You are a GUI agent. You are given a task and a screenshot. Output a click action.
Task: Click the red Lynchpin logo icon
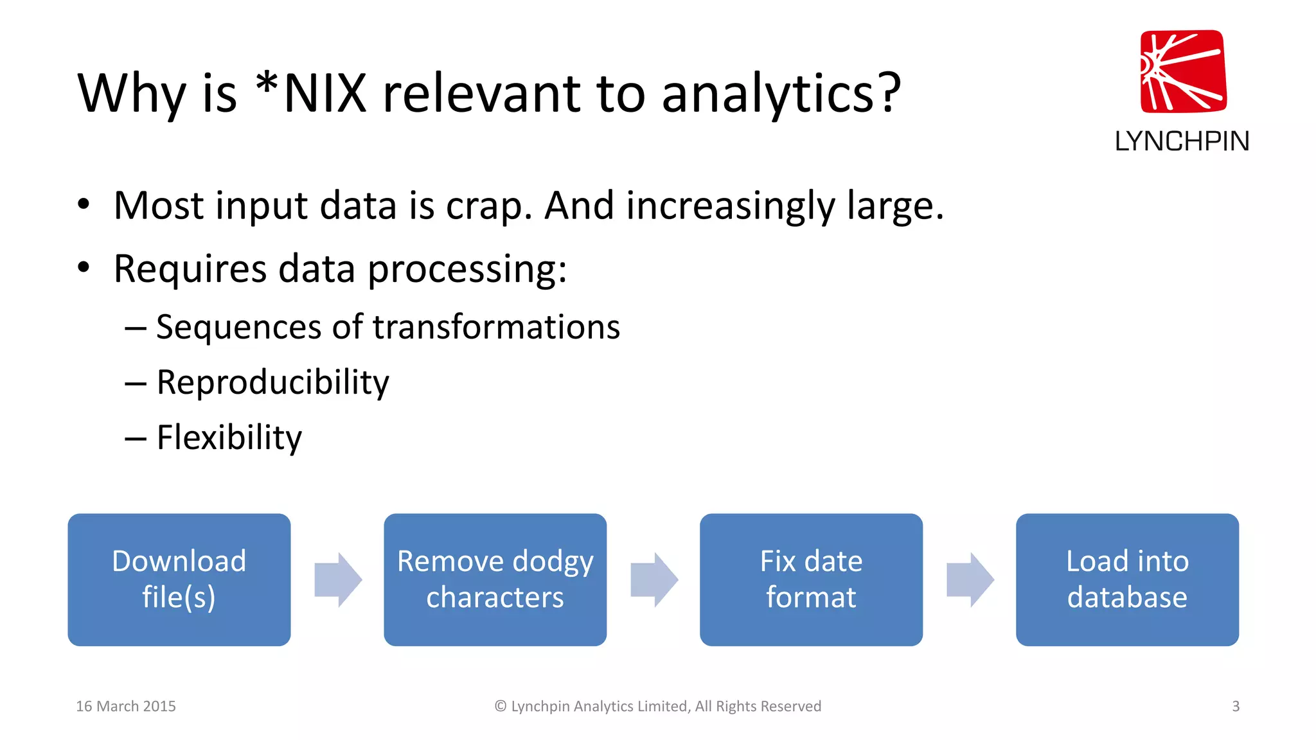pos(1183,71)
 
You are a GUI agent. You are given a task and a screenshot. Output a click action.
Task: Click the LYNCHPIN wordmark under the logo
pos(1182,141)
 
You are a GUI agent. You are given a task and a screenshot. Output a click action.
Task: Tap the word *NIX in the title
pos(311,94)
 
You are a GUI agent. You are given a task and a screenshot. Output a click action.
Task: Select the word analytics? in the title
pos(781,94)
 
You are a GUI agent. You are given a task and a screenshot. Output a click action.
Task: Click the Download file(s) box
pos(179,579)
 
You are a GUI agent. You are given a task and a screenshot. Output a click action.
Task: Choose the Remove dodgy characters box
pos(495,579)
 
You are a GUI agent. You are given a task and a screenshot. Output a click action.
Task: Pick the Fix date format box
pos(811,579)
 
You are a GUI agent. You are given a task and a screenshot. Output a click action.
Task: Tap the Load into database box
pos(1127,579)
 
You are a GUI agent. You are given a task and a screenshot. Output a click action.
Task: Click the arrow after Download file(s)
pos(338,579)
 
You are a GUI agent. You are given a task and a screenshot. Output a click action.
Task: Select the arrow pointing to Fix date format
pos(654,579)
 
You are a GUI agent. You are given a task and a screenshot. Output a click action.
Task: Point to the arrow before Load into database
pos(970,579)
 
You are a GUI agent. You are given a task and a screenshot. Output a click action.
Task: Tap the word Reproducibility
pos(272,383)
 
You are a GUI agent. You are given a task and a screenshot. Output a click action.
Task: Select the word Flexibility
pos(229,438)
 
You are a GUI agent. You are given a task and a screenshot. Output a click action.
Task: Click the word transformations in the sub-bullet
pos(496,328)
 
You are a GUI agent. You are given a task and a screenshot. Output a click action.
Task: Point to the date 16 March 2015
pos(126,706)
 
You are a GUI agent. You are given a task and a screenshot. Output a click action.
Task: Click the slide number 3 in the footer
pos(1236,706)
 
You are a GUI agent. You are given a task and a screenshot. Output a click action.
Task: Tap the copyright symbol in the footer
pos(501,706)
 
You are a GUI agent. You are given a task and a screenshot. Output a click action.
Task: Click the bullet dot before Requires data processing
pos(84,267)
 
